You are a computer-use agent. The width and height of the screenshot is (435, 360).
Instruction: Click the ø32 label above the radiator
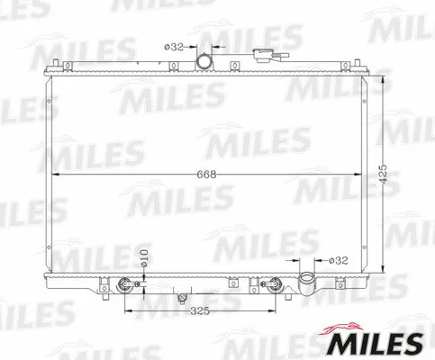[175, 47]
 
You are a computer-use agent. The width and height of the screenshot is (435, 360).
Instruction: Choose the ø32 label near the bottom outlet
[338, 260]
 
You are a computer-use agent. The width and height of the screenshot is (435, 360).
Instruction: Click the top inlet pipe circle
[206, 61]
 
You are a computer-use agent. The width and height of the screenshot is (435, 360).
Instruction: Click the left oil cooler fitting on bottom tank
[124, 287]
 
